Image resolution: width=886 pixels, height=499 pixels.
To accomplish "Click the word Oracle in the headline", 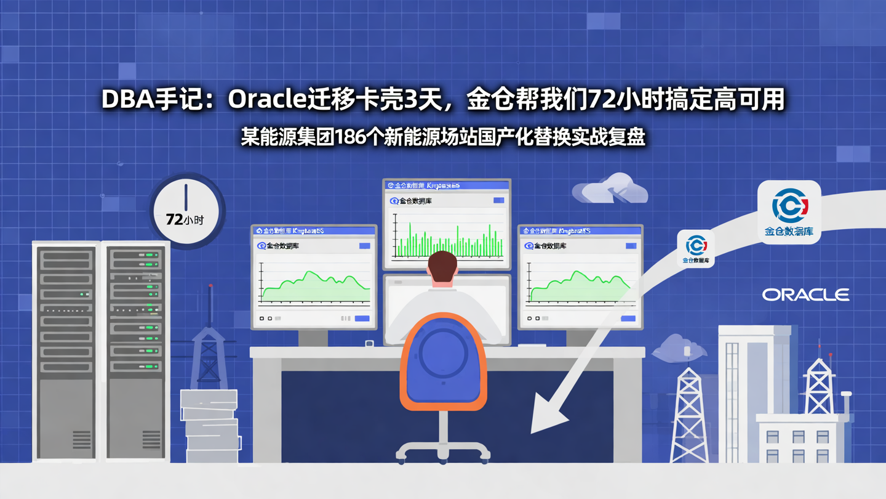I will pos(266,99).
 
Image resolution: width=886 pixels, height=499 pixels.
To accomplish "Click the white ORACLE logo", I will pos(805,295).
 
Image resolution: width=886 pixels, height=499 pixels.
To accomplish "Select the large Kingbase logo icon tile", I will pos(789,212).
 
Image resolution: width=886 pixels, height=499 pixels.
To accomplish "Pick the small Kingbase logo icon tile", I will pos(696,248).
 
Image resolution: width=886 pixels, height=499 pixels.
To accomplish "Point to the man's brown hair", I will pos(442,263).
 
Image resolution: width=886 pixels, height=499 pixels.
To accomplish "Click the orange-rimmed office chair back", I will pos(444,361).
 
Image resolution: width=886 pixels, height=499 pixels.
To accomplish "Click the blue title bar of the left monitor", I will pos(314,230).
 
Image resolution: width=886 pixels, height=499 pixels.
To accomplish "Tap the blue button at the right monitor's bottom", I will pos(628,318).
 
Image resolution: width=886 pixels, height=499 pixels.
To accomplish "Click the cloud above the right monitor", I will pos(610,189).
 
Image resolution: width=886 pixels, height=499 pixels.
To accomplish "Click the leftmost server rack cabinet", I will pos(66,351).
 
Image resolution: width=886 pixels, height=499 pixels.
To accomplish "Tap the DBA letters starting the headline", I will pos(127,99).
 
